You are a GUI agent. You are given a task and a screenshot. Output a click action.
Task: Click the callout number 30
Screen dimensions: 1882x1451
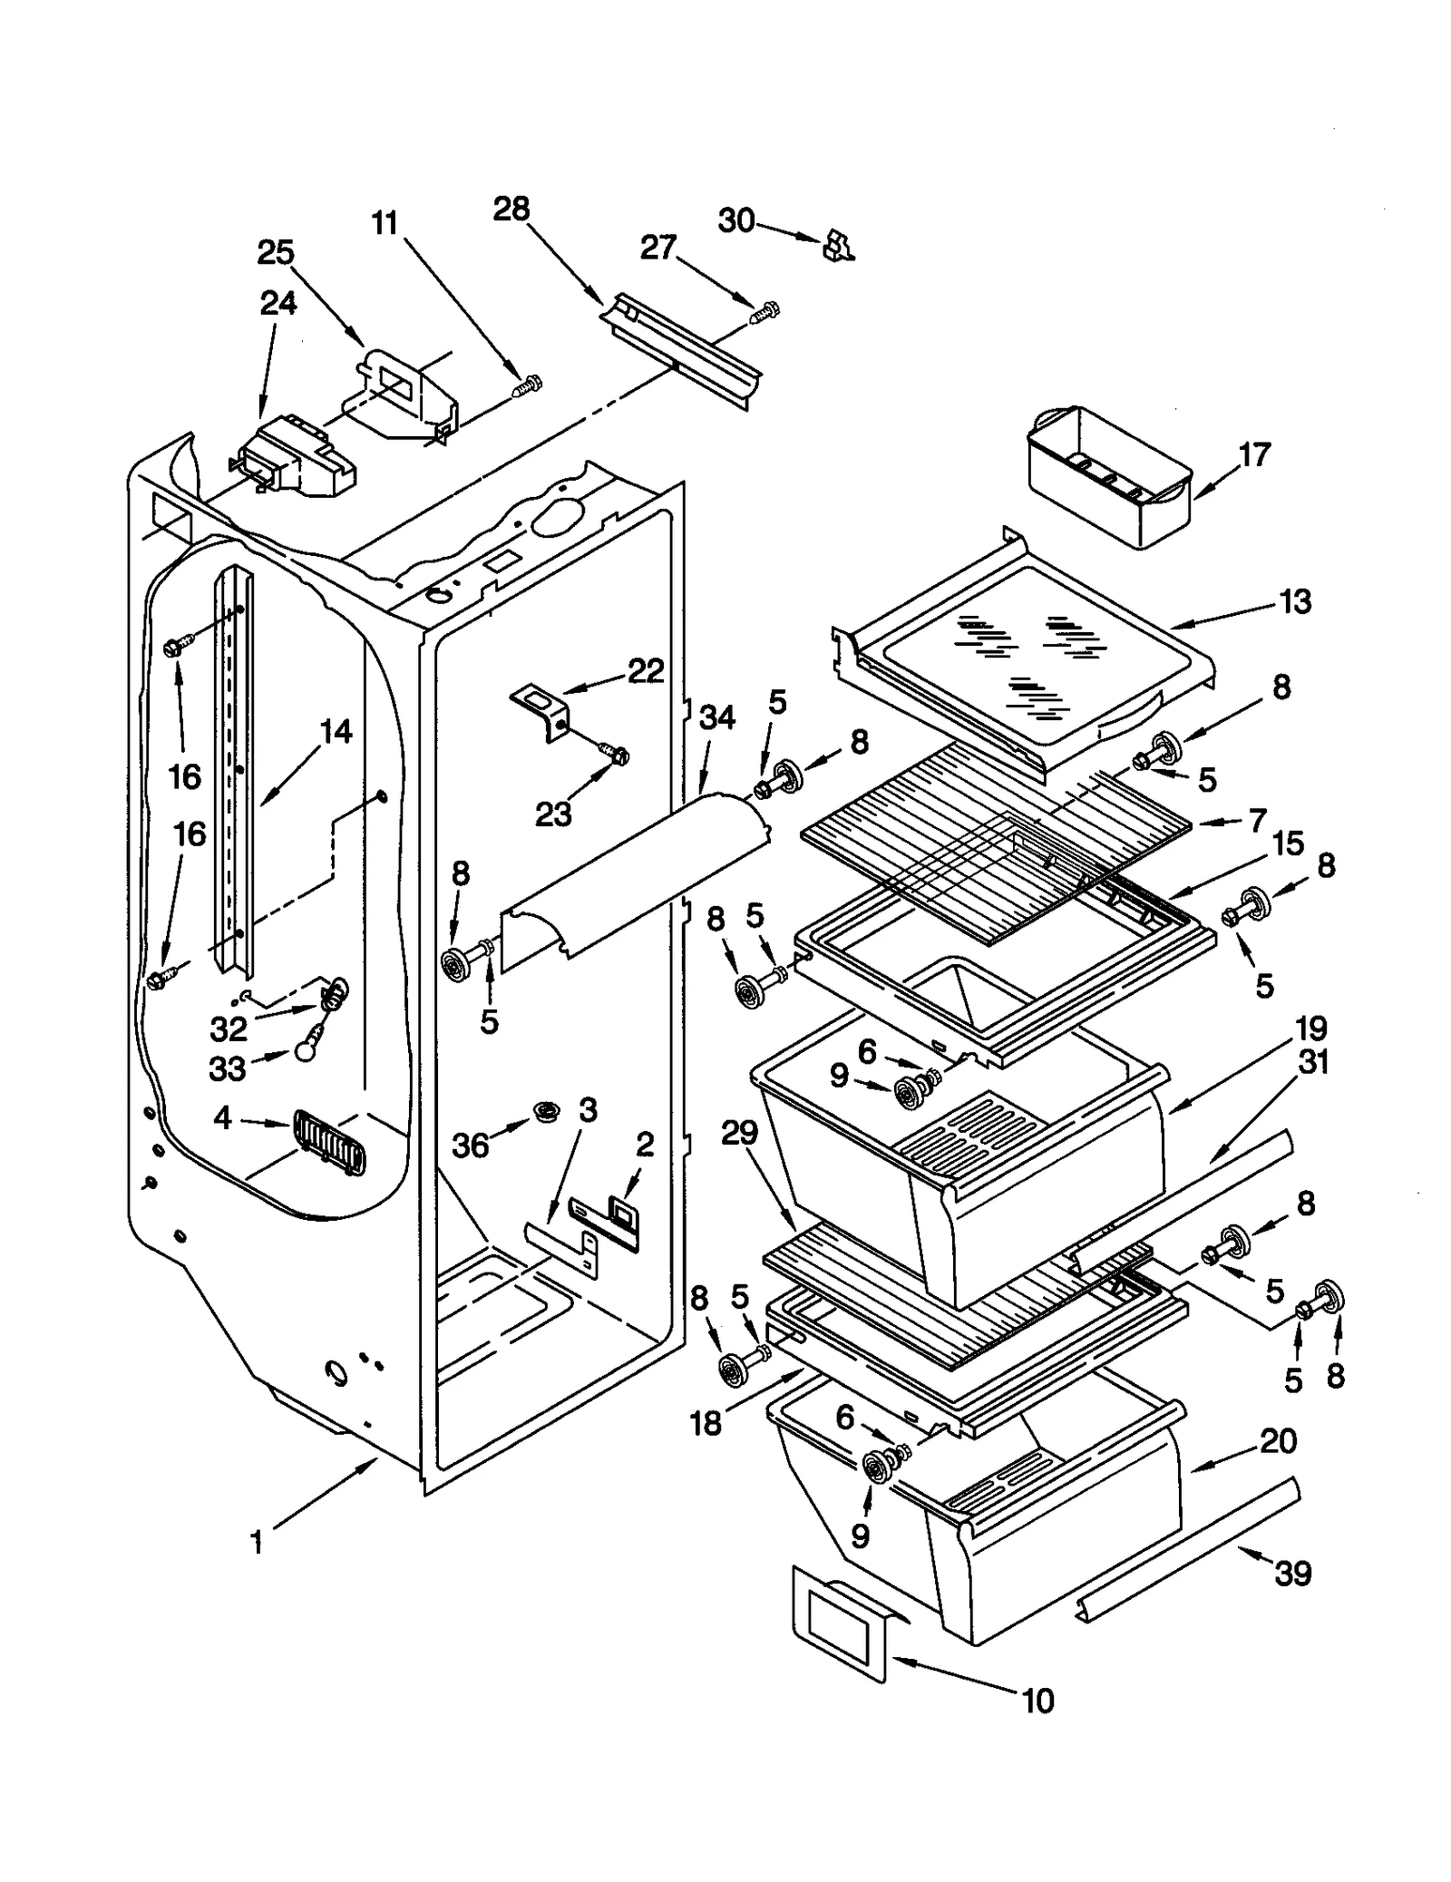(x=735, y=220)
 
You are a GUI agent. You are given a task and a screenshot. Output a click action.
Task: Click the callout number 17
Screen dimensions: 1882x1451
(x=1254, y=455)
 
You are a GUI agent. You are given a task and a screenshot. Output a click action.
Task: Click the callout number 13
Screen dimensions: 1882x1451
(x=1295, y=601)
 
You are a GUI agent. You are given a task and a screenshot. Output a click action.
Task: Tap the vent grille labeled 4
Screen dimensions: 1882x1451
(x=328, y=1144)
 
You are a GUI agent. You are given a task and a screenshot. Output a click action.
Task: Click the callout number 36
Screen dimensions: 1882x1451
(x=471, y=1146)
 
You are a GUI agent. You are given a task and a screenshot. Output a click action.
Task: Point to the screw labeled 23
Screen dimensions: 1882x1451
(x=614, y=753)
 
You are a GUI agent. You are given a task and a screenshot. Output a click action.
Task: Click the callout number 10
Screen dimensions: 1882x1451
(x=1037, y=1701)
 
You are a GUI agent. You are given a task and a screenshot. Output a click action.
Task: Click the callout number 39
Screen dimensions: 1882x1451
(x=1292, y=1573)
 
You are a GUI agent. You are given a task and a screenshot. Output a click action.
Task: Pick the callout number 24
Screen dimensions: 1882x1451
(x=278, y=303)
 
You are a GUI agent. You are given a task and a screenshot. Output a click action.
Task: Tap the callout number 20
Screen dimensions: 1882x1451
(x=1278, y=1440)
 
